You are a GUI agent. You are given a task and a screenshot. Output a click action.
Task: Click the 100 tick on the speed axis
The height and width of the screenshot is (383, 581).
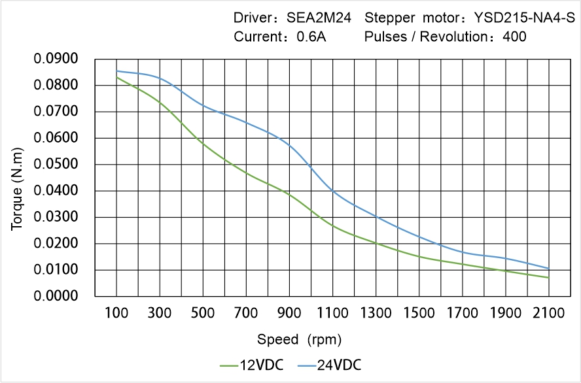[117, 313]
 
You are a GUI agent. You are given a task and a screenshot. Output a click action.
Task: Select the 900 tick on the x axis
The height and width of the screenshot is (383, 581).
[289, 313]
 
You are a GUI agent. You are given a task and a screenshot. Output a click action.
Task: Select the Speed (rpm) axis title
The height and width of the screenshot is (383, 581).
[300, 339]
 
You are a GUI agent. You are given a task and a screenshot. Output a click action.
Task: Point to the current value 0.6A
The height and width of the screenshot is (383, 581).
[311, 37]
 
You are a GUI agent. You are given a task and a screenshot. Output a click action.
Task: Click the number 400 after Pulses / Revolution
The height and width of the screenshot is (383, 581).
[514, 37]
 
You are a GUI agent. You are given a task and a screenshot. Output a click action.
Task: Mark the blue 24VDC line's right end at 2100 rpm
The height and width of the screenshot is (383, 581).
[548, 269]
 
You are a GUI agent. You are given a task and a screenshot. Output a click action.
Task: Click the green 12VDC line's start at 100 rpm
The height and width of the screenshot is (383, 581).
[117, 78]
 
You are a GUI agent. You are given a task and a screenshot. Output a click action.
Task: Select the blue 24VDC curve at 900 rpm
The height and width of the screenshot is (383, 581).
[289, 144]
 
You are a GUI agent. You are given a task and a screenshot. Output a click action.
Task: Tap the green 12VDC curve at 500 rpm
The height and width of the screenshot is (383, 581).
[203, 143]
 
